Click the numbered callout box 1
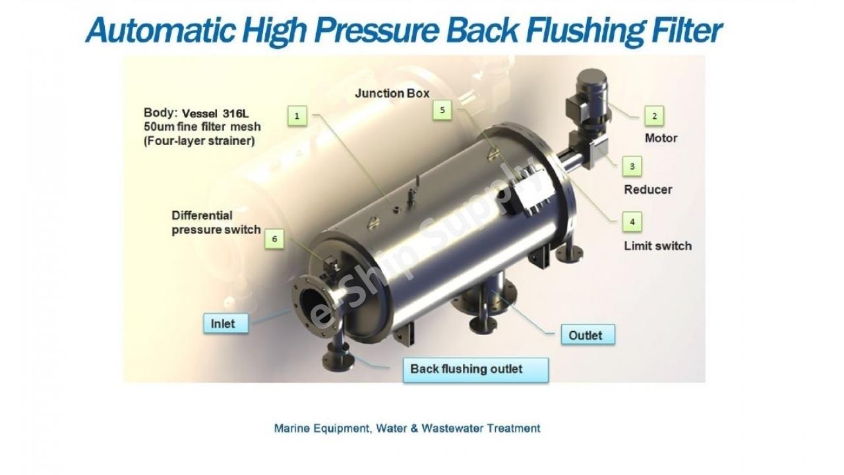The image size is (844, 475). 297,116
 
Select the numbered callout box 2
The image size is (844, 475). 654,116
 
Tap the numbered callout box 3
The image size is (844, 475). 632,166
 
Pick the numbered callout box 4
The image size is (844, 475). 632,222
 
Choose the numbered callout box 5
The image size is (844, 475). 442,110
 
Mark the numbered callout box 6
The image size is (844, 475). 274,239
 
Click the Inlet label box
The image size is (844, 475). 223,324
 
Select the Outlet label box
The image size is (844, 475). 585,335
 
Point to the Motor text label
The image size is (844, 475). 661,138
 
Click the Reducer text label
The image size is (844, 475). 648,189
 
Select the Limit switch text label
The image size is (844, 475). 658,245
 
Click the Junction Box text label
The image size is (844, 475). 392,93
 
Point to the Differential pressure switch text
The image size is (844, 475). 216,223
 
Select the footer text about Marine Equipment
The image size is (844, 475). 407,428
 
